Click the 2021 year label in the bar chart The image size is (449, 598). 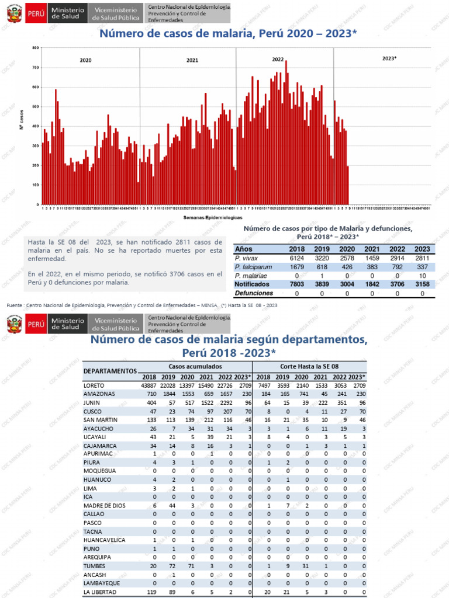click(192, 60)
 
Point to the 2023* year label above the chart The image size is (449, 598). click(389, 58)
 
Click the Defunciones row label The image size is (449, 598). click(254, 293)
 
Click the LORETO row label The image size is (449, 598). click(95, 385)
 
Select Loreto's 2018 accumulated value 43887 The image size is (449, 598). click(149, 385)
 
